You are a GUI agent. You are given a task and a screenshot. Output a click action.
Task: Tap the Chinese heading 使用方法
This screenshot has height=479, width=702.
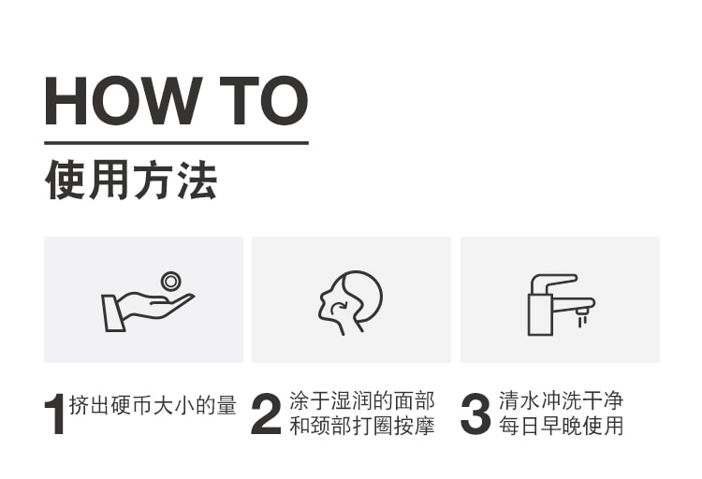tap(131, 180)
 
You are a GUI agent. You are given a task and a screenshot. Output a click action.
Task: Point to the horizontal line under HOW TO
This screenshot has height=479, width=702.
tap(176, 143)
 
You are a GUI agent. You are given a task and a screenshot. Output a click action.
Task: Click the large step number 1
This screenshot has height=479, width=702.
tap(55, 414)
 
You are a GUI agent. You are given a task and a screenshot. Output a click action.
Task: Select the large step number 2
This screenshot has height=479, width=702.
tap(266, 414)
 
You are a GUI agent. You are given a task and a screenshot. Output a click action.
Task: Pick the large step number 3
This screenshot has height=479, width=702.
tap(475, 414)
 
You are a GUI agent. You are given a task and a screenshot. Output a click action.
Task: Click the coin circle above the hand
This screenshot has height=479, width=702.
tap(170, 282)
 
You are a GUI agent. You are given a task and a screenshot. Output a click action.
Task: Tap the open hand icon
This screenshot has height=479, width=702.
tap(148, 311)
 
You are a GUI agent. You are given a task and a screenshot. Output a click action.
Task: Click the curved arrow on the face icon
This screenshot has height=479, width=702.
tap(340, 307)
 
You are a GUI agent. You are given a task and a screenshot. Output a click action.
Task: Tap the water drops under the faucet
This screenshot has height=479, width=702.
tap(581, 321)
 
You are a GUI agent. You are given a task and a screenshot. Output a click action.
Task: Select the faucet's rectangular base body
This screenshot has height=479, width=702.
tap(540, 314)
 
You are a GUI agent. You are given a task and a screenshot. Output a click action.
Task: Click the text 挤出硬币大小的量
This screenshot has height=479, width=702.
tap(153, 405)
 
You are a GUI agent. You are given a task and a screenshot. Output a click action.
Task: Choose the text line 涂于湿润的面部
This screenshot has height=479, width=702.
tap(361, 400)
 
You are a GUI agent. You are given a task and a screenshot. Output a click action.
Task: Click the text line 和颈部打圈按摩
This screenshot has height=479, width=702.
tap(361, 426)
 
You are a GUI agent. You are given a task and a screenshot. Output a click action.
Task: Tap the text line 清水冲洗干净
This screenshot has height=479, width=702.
tap(561, 400)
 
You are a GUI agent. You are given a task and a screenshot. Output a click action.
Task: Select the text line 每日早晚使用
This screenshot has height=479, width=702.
tap(561, 426)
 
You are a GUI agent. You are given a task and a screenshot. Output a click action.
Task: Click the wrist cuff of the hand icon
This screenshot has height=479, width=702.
tap(113, 312)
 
